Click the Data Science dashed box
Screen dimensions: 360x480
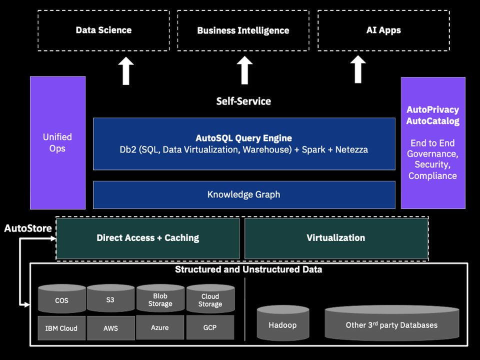click(103, 30)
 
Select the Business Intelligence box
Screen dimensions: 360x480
click(243, 30)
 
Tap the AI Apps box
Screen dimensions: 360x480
click(383, 30)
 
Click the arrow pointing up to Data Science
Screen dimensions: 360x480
click(126, 70)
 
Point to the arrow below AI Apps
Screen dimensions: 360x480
click(358, 69)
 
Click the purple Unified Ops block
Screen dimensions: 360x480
click(57, 142)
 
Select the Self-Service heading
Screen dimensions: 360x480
click(243, 101)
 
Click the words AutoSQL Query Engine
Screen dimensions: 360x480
click(243, 138)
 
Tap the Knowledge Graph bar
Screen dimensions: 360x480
click(243, 194)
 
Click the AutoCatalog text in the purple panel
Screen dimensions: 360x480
click(432, 121)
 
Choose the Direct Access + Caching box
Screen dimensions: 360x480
click(148, 238)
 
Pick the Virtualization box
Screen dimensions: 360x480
click(335, 238)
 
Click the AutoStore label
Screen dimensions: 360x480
click(28, 228)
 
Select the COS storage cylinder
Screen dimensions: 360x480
click(62, 300)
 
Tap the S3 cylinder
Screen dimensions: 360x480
click(110, 299)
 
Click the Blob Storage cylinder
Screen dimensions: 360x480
click(160, 299)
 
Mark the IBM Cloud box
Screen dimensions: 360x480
click(61, 328)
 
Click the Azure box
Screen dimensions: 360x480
click(160, 327)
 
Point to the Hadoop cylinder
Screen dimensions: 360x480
click(282, 324)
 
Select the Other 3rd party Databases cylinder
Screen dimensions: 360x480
click(391, 324)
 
